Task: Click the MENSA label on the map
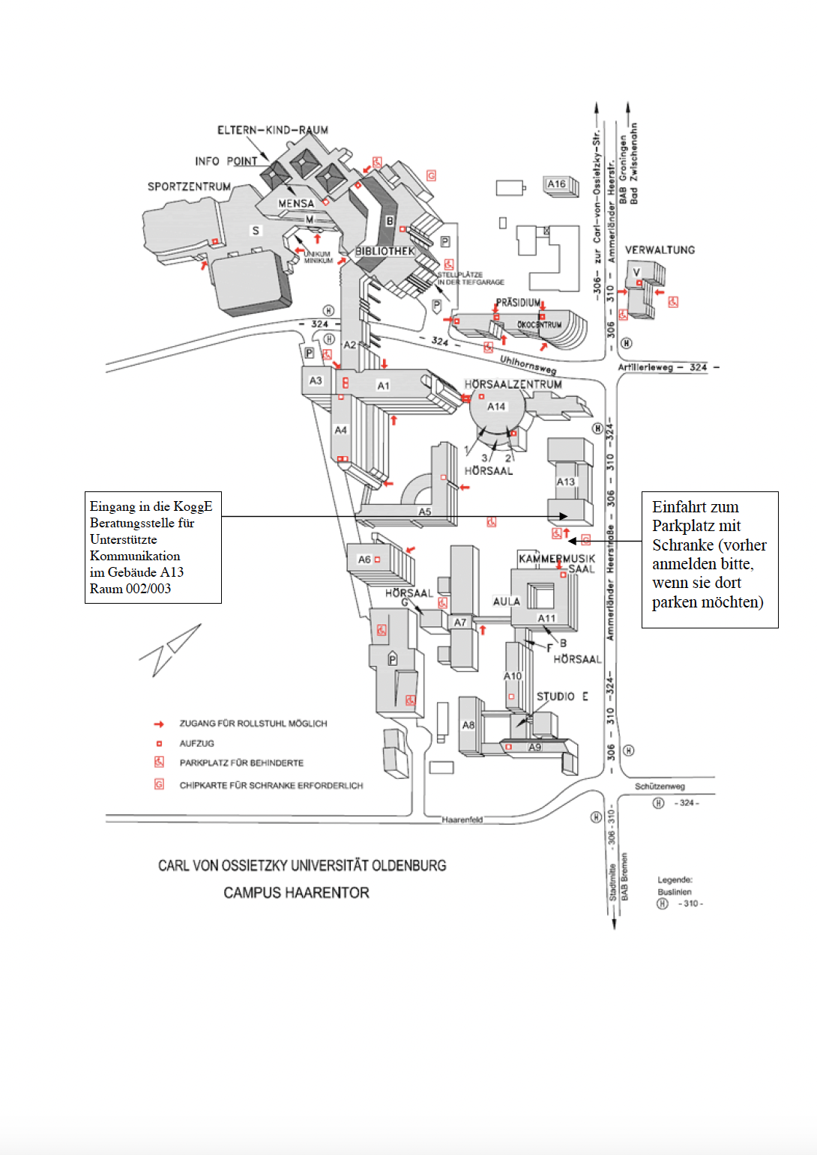coord(296,203)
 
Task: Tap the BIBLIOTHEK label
coord(385,251)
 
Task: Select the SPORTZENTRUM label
coord(189,187)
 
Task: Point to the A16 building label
coord(556,184)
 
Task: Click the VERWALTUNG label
coord(660,249)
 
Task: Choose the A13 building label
coord(566,482)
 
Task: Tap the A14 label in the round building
coord(496,407)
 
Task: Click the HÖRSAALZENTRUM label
coord(513,384)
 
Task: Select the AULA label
coord(507,601)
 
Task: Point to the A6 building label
coord(364,560)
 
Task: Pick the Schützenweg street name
coord(660,786)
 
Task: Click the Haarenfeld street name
coord(462,819)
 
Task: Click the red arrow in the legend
coord(159,724)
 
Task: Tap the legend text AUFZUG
coord(196,744)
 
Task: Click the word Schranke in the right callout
coord(683,545)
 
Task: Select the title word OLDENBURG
coord(408,866)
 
